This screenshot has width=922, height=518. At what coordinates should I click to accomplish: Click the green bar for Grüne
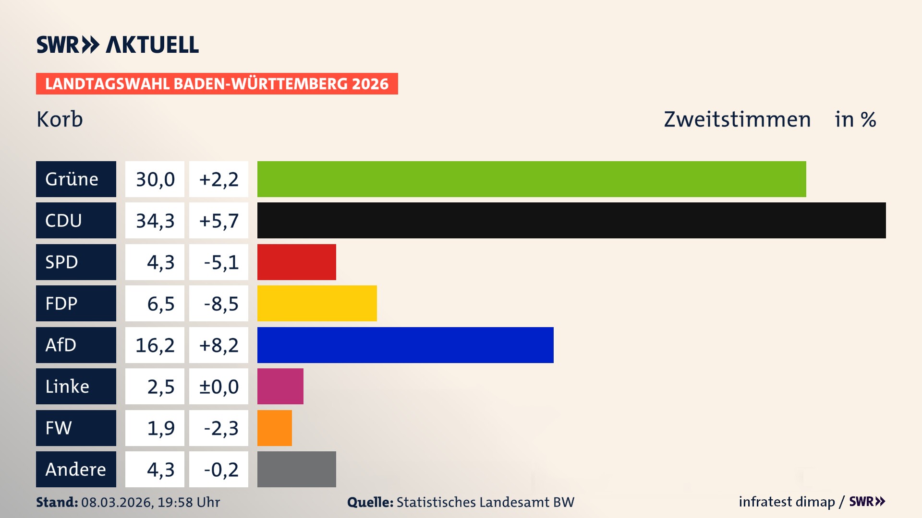[x=532, y=179]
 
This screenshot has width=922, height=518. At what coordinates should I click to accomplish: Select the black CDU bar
[x=571, y=221]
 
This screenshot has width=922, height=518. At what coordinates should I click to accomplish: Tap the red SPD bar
[x=297, y=262]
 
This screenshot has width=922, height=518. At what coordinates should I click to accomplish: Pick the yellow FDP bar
[x=317, y=303]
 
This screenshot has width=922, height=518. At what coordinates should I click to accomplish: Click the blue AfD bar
[x=405, y=345]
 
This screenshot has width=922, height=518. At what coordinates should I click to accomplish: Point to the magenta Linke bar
[x=280, y=386]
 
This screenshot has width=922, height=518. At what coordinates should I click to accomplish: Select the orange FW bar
[x=275, y=428]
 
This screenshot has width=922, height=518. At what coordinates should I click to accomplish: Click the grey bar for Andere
[x=297, y=469]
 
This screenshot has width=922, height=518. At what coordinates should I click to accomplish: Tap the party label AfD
[x=61, y=345]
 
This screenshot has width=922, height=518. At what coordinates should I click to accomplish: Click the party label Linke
[x=67, y=386]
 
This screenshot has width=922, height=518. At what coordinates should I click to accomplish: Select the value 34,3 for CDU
[x=155, y=221]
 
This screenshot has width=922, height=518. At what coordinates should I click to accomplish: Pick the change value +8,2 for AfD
[x=218, y=345]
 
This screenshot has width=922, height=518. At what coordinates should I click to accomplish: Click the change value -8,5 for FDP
[x=220, y=303]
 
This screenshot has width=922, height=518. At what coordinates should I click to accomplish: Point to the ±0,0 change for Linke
[x=218, y=386]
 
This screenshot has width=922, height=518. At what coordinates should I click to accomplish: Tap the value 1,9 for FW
[x=160, y=428]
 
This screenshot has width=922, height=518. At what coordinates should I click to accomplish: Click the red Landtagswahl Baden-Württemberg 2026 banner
[x=217, y=83]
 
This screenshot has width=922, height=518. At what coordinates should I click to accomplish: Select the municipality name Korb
[x=60, y=119]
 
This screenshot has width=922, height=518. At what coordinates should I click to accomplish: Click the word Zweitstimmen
[x=737, y=119]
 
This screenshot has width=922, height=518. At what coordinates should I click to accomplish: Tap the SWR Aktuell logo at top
[x=117, y=45]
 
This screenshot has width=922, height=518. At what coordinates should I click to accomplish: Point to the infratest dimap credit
[x=787, y=502]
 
